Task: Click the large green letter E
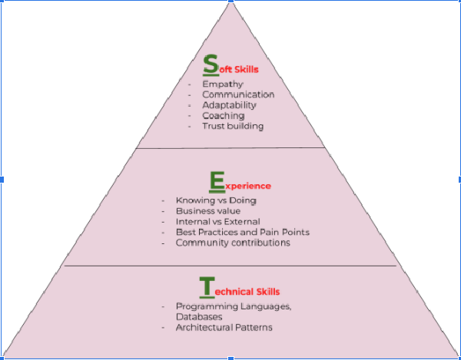click(217, 181)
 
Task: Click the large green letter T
click(206, 287)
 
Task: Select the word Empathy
click(223, 84)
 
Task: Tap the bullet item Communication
click(238, 94)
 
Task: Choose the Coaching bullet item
click(224, 116)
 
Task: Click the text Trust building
click(233, 126)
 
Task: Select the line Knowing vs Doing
click(216, 200)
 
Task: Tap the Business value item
click(208, 211)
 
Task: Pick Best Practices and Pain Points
click(242, 233)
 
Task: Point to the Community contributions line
click(233, 243)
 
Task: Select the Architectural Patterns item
click(224, 328)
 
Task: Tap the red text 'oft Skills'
click(238, 69)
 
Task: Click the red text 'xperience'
click(248, 186)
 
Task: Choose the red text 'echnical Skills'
click(247, 292)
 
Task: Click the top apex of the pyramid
click(231, 4)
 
